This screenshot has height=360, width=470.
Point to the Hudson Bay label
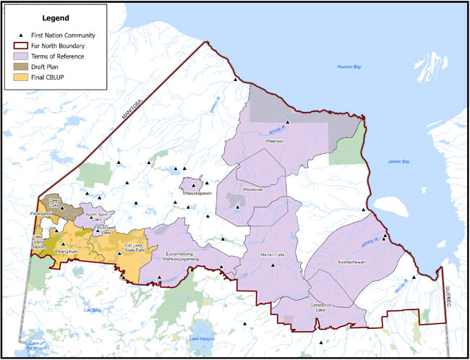click(x=352, y=67)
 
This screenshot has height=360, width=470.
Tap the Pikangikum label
click(x=62, y=252)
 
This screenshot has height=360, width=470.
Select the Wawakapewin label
click(x=192, y=193)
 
